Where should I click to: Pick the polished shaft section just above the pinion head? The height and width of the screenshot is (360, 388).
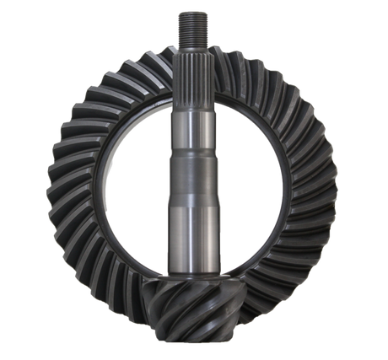[x=194, y=244]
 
